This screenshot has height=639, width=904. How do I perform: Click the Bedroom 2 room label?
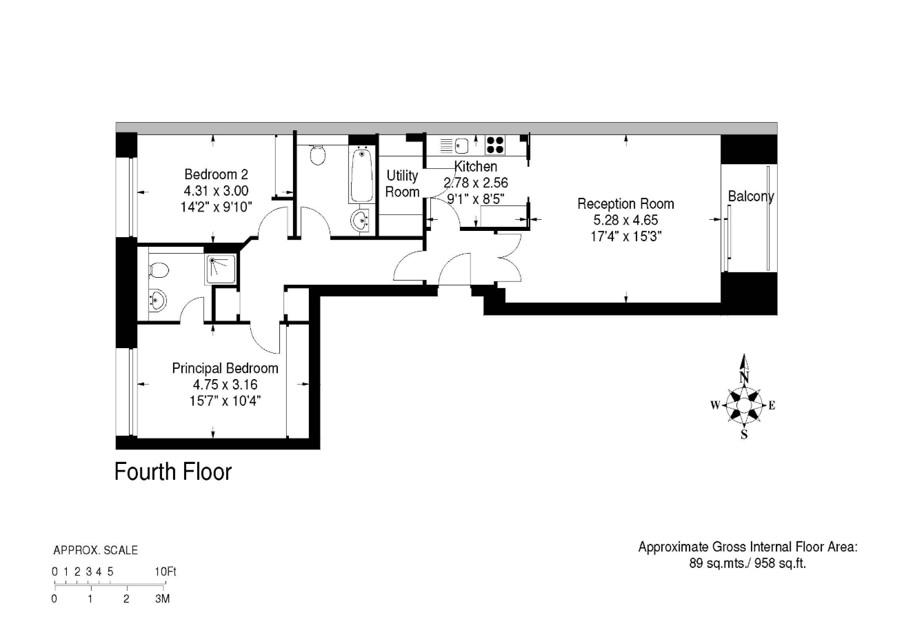[x=217, y=174]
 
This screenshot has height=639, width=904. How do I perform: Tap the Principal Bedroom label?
[x=225, y=368]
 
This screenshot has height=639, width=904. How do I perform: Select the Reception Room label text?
[x=625, y=204]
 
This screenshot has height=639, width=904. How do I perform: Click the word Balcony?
[x=751, y=196]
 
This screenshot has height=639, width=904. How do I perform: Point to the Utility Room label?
[x=402, y=183]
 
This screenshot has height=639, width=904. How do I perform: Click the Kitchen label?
[x=475, y=166]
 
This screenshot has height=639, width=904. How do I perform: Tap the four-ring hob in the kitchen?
[x=495, y=145]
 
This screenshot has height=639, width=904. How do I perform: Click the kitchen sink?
[x=461, y=145]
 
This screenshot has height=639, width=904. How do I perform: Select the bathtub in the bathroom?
[x=362, y=175]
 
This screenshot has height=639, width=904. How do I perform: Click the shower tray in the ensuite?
[x=221, y=269]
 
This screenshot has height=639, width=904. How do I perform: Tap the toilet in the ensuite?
[x=158, y=271]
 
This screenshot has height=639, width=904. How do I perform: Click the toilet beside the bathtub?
[x=318, y=155]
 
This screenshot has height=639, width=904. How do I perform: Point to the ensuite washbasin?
[x=158, y=300]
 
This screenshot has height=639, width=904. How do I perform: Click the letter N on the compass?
[x=744, y=378]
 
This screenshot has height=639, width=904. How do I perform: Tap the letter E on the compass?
[x=772, y=405]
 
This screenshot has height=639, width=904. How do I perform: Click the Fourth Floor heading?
[x=173, y=471]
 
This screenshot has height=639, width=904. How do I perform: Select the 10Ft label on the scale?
[x=165, y=571]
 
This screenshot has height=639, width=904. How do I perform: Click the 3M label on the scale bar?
[x=162, y=598]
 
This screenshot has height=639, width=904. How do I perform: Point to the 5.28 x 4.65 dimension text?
[x=625, y=220]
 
